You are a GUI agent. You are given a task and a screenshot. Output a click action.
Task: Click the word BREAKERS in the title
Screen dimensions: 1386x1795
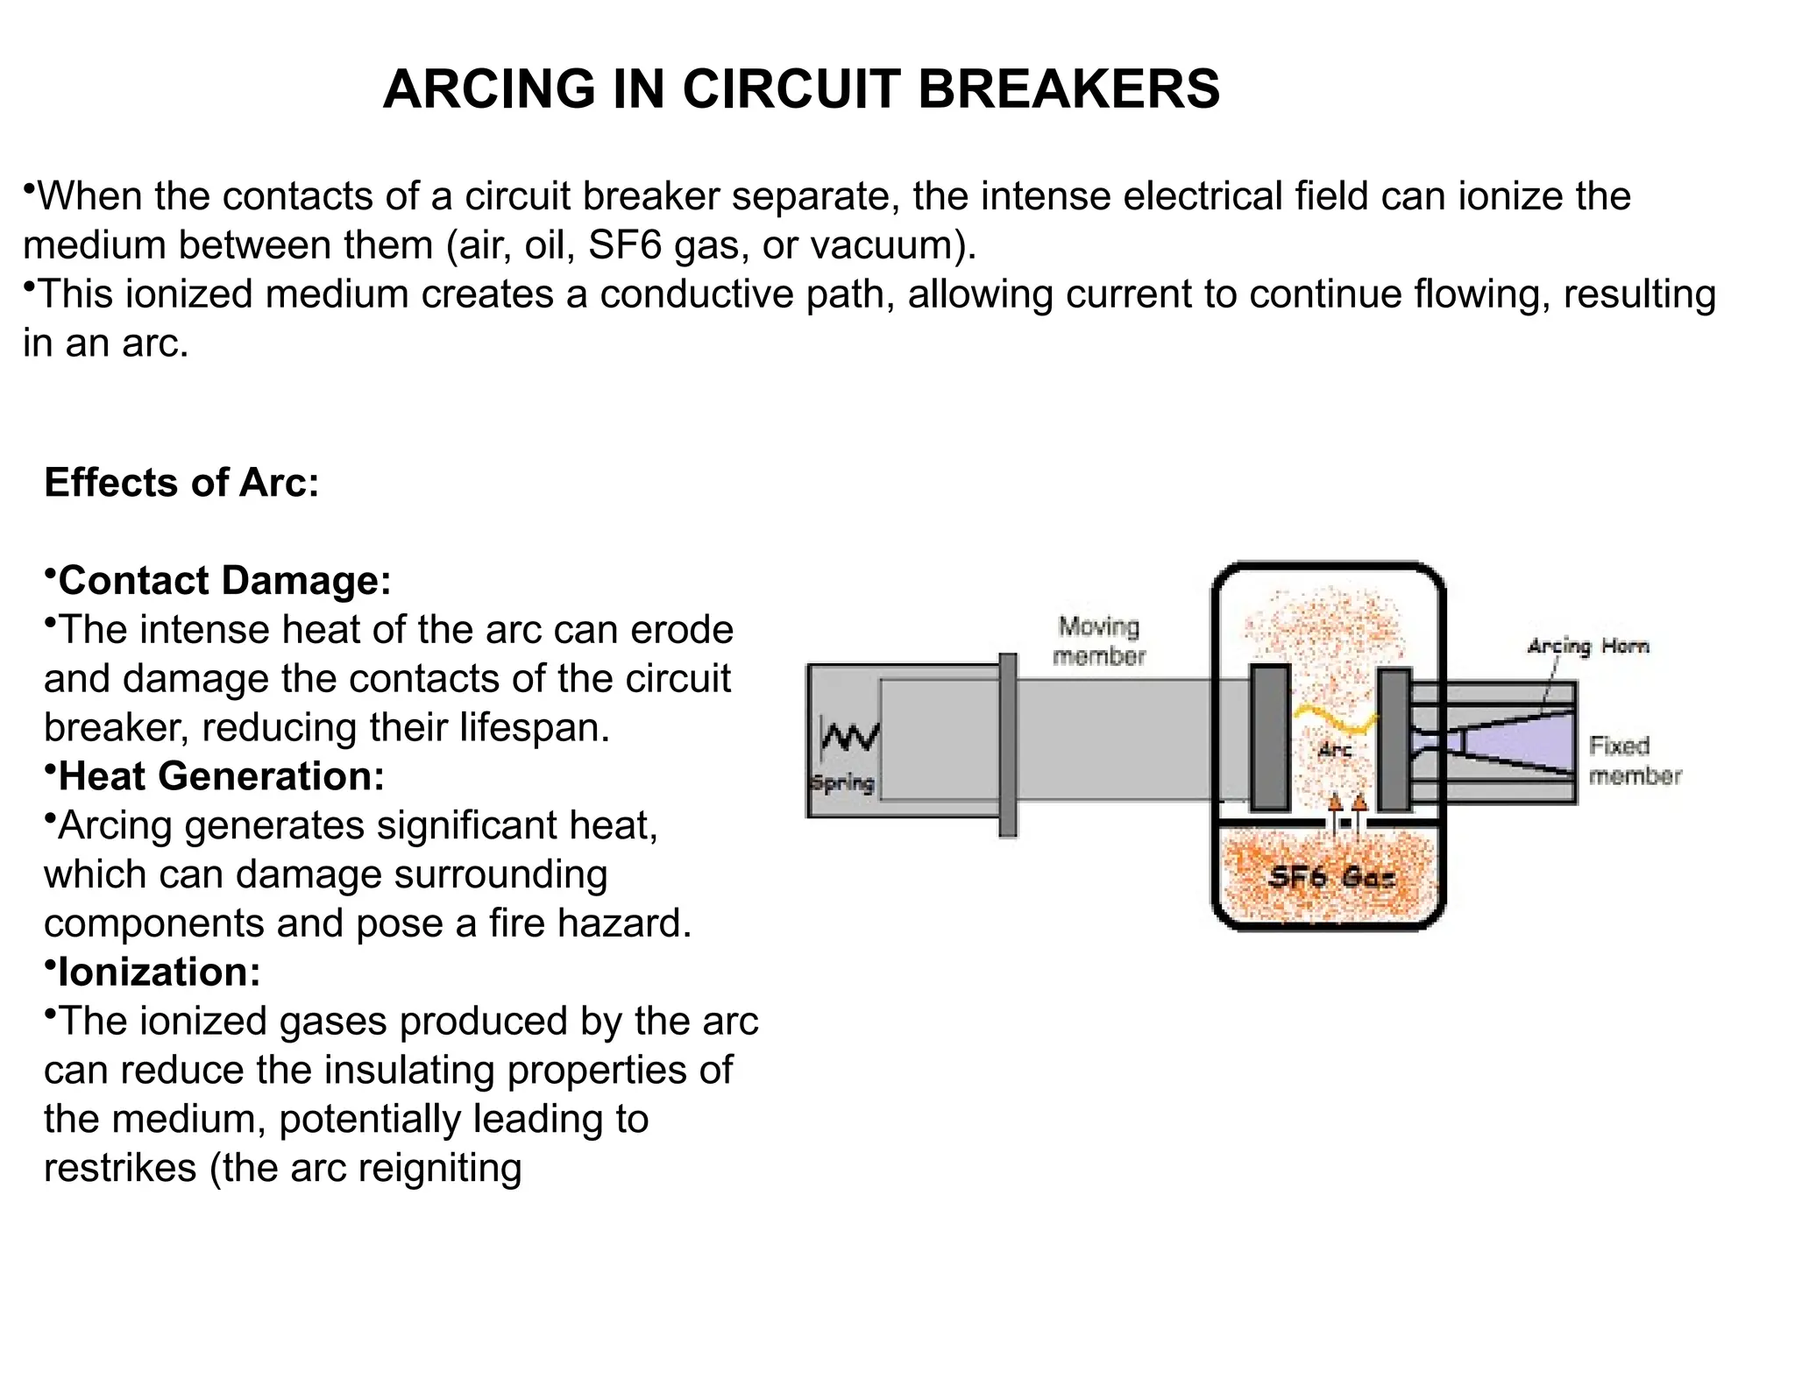(1068, 89)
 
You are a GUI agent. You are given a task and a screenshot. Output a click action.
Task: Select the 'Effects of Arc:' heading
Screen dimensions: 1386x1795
(181, 483)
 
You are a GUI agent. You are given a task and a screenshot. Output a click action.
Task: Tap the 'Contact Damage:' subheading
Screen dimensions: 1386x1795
(224, 581)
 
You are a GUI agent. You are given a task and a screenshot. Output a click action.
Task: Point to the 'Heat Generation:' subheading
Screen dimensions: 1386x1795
(221, 776)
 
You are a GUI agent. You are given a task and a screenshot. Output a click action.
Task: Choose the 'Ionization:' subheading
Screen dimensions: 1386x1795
(159, 972)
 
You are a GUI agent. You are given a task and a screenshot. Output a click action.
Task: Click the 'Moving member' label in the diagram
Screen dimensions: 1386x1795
(1099, 641)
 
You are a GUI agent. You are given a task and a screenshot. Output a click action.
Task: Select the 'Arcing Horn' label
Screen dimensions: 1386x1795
(1588, 646)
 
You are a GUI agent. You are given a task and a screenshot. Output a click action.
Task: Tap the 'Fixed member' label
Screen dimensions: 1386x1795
(1635, 760)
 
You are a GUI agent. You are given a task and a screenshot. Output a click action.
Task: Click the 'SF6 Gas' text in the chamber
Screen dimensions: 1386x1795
(1331, 877)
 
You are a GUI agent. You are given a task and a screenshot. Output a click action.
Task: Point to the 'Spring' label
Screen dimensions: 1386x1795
(842, 782)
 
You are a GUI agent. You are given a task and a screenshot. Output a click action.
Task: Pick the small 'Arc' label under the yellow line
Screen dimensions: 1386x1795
(1335, 750)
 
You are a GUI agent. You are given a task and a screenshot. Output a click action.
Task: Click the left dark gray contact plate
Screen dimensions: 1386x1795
(1269, 738)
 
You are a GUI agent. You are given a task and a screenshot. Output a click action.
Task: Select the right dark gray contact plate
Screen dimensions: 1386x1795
(1394, 740)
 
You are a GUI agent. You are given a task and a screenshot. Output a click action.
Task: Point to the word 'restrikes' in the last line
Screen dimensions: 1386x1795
(120, 1169)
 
